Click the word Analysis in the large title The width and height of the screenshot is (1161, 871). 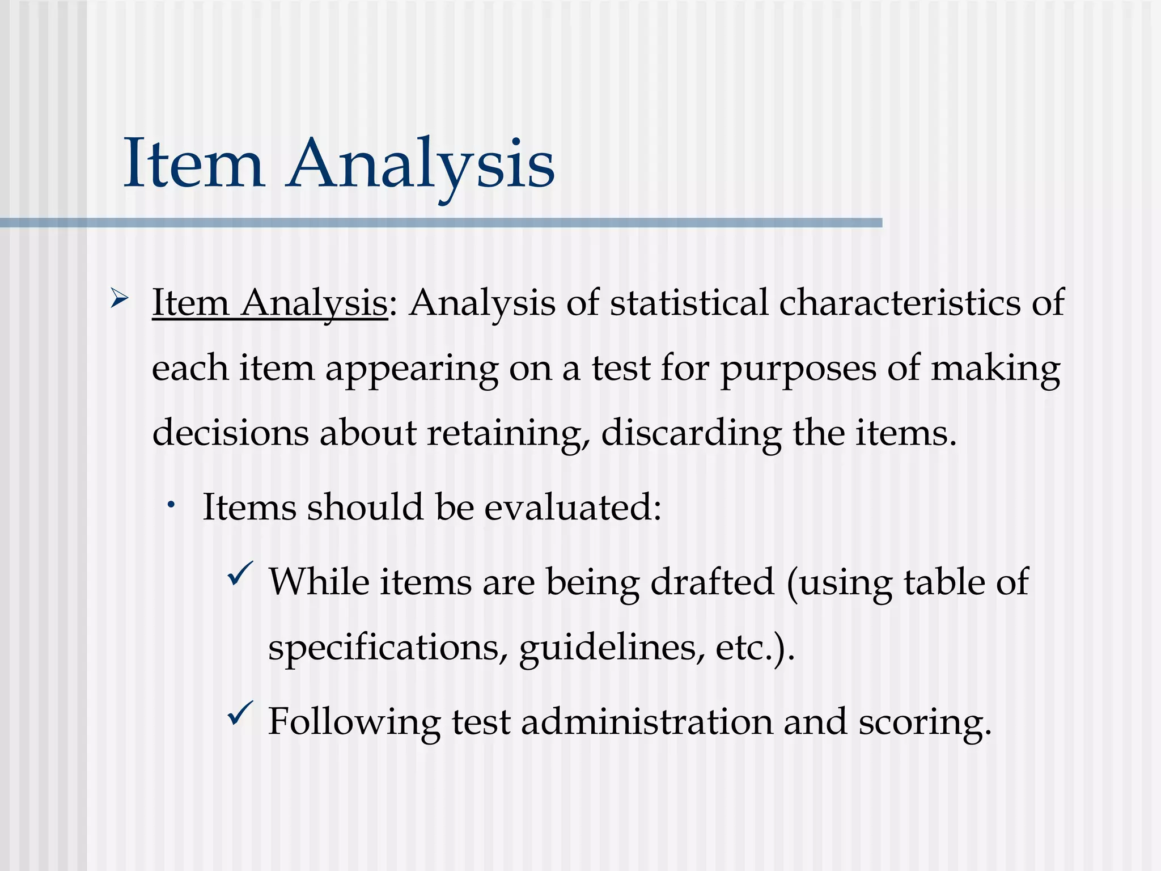[x=421, y=164]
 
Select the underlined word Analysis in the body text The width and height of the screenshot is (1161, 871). [x=314, y=303]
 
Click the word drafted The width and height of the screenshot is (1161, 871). [x=712, y=582]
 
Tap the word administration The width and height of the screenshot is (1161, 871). [x=646, y=722]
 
